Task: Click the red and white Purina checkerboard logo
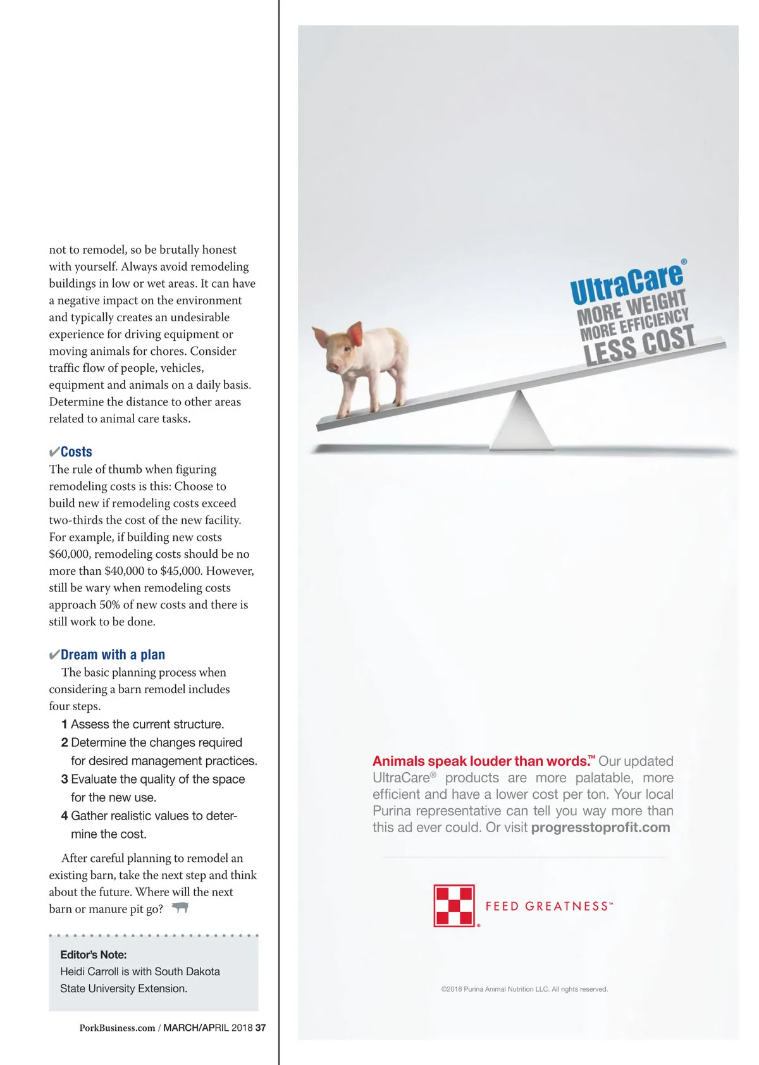[454, 906]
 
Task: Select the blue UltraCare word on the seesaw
[626, 283]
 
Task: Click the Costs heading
[77, 452]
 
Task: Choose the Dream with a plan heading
[113, 655]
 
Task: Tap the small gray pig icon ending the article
[180, 908]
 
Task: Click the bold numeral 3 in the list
[65, 779]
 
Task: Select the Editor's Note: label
[94, 954]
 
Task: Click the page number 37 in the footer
[261, 1028]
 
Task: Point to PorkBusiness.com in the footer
[117, 1028]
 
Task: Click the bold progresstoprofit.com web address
[600, 827]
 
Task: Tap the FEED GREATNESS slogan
[548, 906]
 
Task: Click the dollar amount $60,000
[70, 554]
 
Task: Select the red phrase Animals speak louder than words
[481, 761]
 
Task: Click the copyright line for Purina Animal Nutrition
[524, 989]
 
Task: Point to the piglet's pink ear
[356, 333]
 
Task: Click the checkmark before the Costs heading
[54, 452]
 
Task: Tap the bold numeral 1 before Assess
[65, 724]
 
